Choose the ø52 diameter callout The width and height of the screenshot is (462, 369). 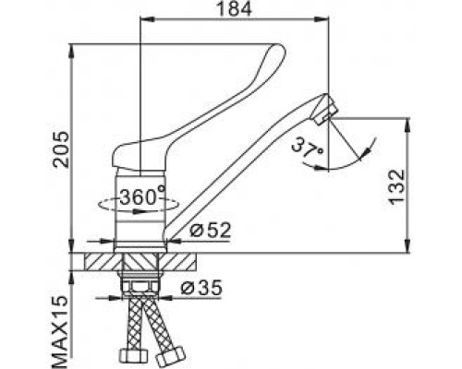[x=213, y=231]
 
